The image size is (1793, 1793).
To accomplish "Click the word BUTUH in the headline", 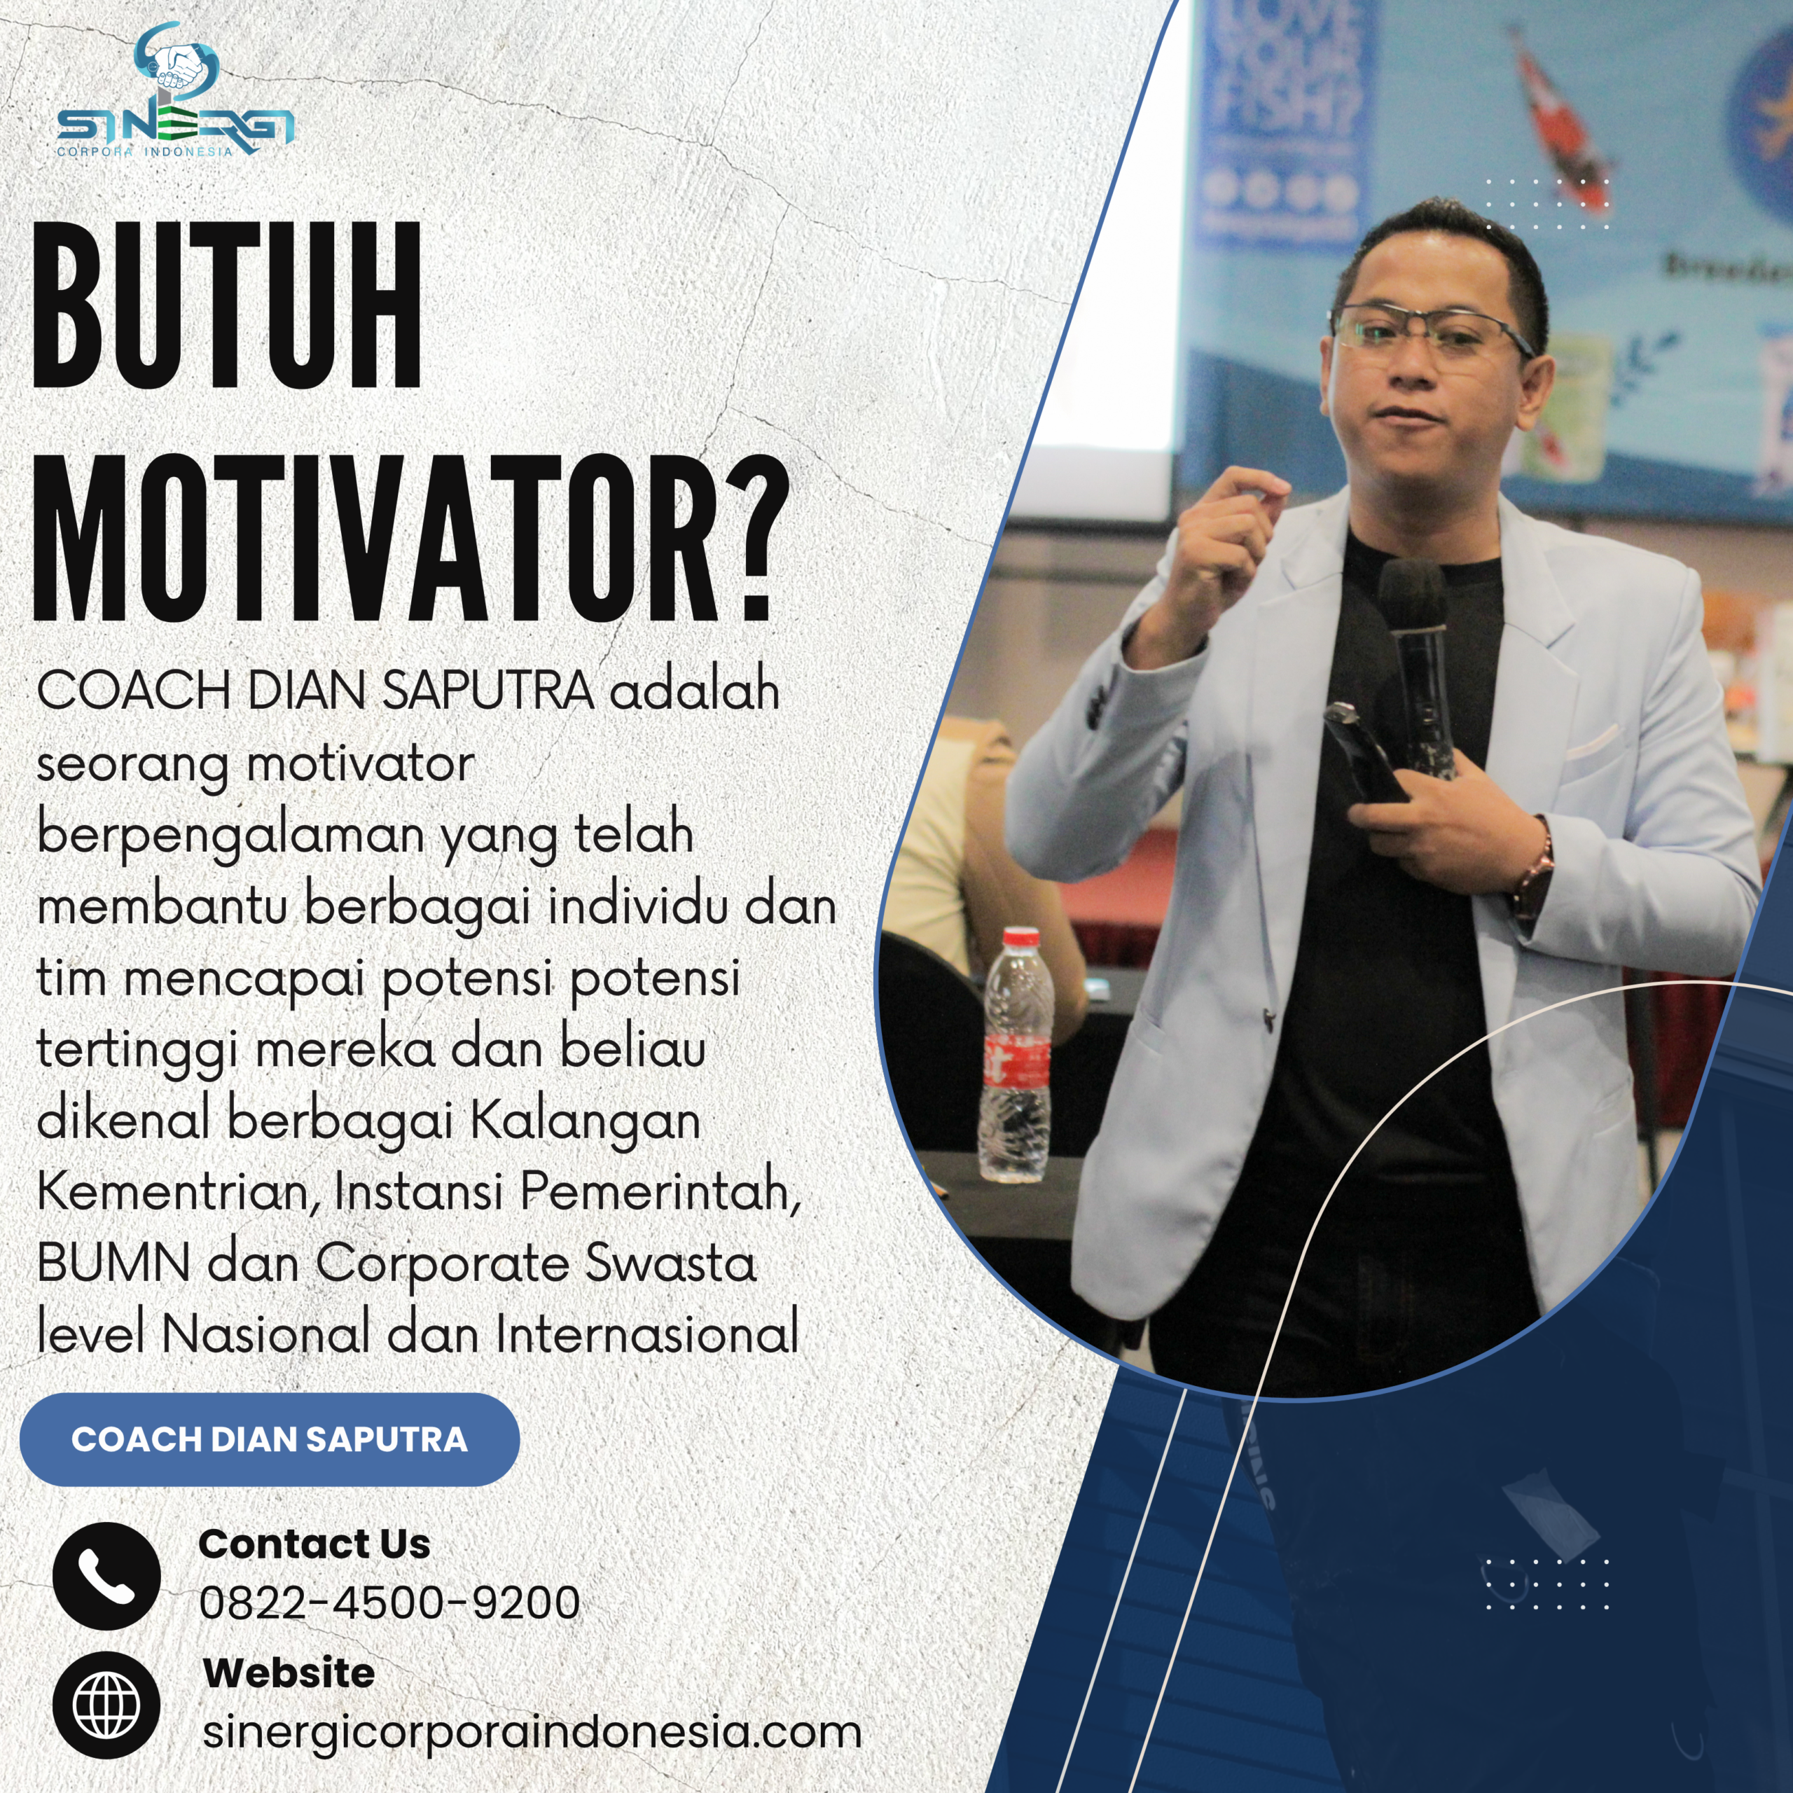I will (228, 306).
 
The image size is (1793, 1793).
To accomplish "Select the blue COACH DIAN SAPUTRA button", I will (269, 1439).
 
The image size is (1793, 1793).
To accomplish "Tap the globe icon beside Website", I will (106, 1705).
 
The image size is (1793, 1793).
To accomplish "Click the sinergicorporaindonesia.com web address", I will (532, 1732).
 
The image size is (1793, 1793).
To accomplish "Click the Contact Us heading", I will (314, 1544).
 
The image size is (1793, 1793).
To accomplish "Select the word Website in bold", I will (289, 1673).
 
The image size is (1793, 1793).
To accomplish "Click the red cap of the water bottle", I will (1021, 937).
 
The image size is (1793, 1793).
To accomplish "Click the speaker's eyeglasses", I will (1429, 336).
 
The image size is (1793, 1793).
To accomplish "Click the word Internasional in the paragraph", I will (647, 1334).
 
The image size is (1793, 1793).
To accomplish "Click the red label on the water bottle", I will (1016, 1058).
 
